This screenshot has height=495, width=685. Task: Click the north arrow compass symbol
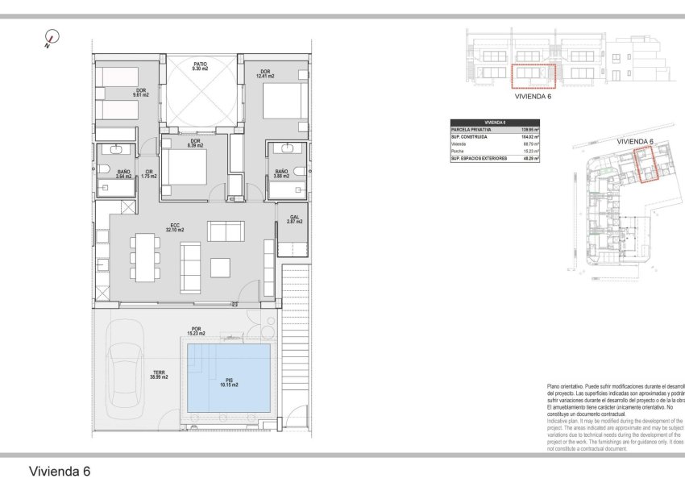pyautogui.click(x=53, y=37)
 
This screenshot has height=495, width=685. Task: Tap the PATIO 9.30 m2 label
pyautogui.click(x=200, y=67)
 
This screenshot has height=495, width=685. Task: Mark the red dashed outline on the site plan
pyautogui.click(x=646, y=164)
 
